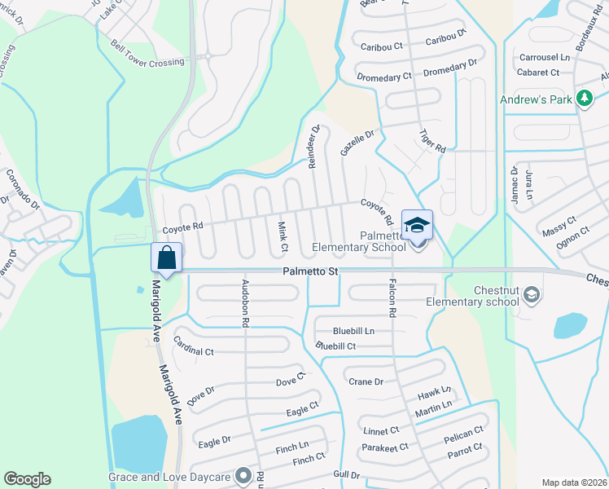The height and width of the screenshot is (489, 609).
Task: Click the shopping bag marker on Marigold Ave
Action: pyautogui.click(x=166, y=258)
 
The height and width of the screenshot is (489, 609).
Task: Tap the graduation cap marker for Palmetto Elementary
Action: pyautogui.click(x=417, y=226)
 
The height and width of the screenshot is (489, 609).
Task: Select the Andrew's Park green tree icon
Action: pyautogui.click(x=583, y=99)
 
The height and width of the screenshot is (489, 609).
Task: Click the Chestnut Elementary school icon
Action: pyautogui.click(x=532, y=293)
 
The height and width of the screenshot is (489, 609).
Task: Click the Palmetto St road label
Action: pyautogui.click(x=310, y=271)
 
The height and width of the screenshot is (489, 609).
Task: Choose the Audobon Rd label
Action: pyautogui.click(x=244, y=305)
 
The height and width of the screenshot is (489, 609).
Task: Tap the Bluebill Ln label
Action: pyautogui.click(x=353, y=331)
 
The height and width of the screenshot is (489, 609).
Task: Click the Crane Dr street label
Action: pyautogui.click(x=365, y=381)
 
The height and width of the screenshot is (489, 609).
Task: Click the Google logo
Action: pyautogui.click(x=27, y=479)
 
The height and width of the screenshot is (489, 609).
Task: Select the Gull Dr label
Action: pyautogui.click(x=347, y=474)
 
